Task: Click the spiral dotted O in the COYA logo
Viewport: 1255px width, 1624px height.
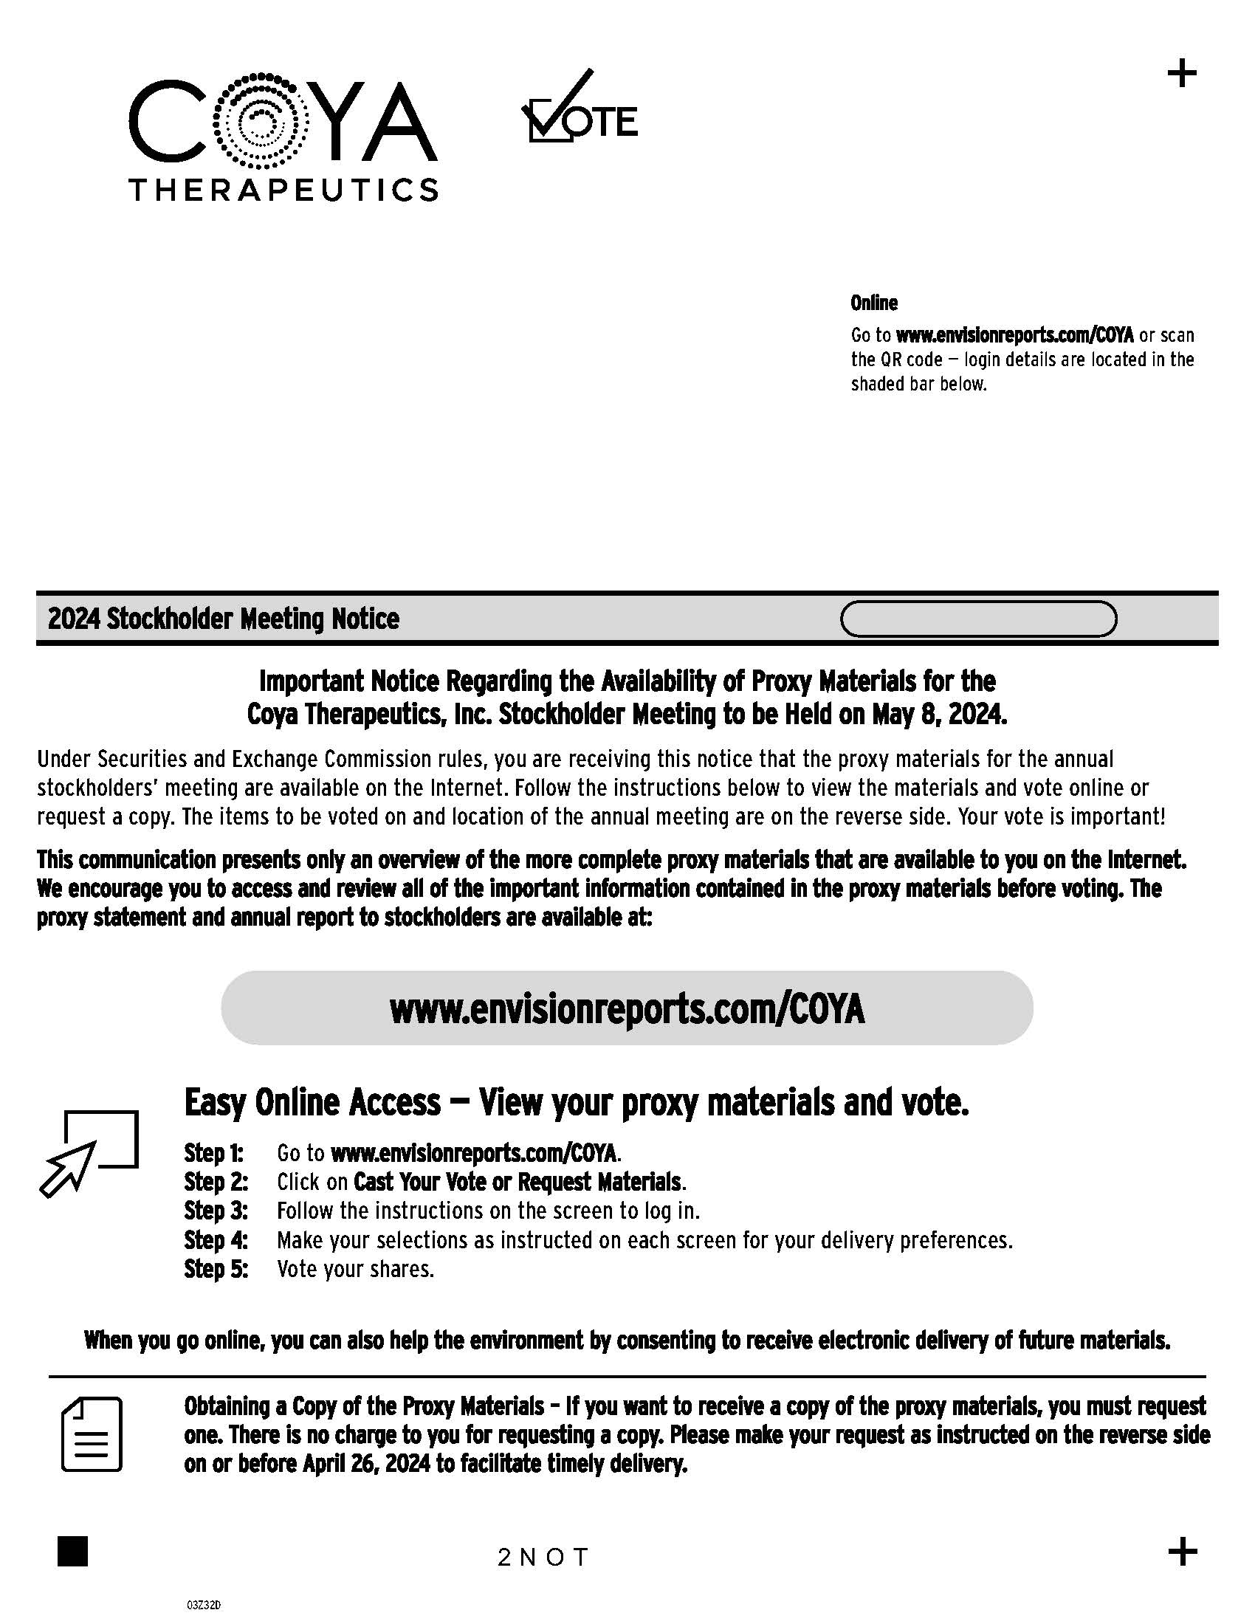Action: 260,119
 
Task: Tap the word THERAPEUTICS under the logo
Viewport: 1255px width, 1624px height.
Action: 283,190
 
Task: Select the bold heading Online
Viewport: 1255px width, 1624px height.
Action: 873,303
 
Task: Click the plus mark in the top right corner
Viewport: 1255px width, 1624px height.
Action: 1181,74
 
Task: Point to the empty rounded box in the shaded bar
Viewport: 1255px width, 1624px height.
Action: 977,619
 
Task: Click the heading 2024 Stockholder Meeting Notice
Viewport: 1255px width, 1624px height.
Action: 224,619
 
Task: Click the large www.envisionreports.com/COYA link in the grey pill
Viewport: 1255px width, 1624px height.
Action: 627,1009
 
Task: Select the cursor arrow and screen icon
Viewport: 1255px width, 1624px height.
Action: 89,1152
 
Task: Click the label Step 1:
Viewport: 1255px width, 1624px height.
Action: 214,1152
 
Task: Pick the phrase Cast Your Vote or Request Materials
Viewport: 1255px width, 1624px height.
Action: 518,1182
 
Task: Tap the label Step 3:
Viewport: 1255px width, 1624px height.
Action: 216,1211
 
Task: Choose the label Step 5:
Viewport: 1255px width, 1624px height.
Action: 216,1268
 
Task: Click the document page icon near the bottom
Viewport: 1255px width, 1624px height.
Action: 92,1434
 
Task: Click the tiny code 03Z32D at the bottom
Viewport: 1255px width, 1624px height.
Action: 204,1606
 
